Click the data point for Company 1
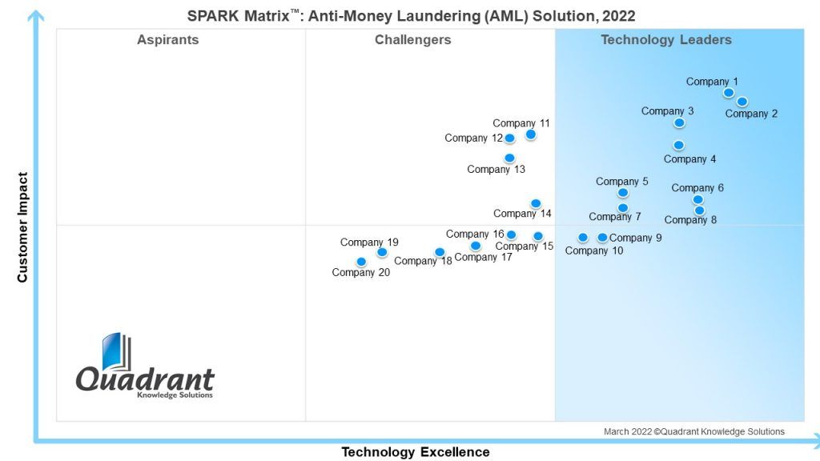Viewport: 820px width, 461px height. click(729, 93)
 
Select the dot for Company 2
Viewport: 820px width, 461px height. click(742, 102)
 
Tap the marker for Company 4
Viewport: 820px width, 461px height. click(679, 146)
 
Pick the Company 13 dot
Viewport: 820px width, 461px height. click(509, 158)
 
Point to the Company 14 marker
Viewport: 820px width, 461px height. click(536, 203)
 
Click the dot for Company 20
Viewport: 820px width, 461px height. click(361, 262)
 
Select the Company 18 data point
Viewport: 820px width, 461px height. click(440, 252)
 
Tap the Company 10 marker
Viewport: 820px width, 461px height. click(583, 238)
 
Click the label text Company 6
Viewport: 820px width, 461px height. click(697, 187)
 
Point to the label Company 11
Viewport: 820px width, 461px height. click(521, 123)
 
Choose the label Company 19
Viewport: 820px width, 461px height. click(369, 242)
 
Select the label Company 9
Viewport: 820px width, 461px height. click(635, 238)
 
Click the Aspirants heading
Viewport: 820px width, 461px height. click(168, 40)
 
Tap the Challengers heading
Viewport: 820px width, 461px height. click(412, 40)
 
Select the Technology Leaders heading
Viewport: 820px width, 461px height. click(666, 40)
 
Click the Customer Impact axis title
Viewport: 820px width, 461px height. click(22, 227)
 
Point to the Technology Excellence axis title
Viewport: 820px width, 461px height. click(416, 452)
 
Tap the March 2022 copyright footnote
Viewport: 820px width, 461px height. click(694, 431)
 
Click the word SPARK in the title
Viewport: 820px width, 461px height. click(214, 16)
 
